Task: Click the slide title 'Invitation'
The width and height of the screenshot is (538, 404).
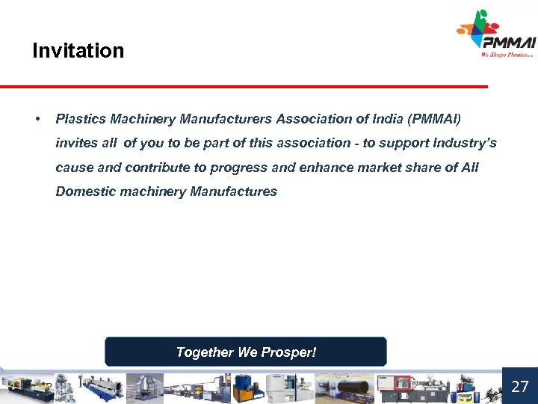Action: tap(78, 51)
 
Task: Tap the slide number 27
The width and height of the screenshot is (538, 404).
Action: tap(519, 387)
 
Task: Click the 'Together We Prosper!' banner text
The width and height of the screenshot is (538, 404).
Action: tap(246, 352)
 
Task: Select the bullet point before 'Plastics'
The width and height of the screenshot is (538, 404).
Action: tap(37, 119)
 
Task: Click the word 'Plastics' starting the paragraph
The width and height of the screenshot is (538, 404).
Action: tap(81, 119)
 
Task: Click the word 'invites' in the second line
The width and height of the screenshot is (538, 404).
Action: tap(76, 143)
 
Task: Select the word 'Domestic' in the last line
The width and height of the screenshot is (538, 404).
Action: tap(82, 191)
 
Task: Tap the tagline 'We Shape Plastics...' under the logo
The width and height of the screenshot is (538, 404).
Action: tap(508, 55)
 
